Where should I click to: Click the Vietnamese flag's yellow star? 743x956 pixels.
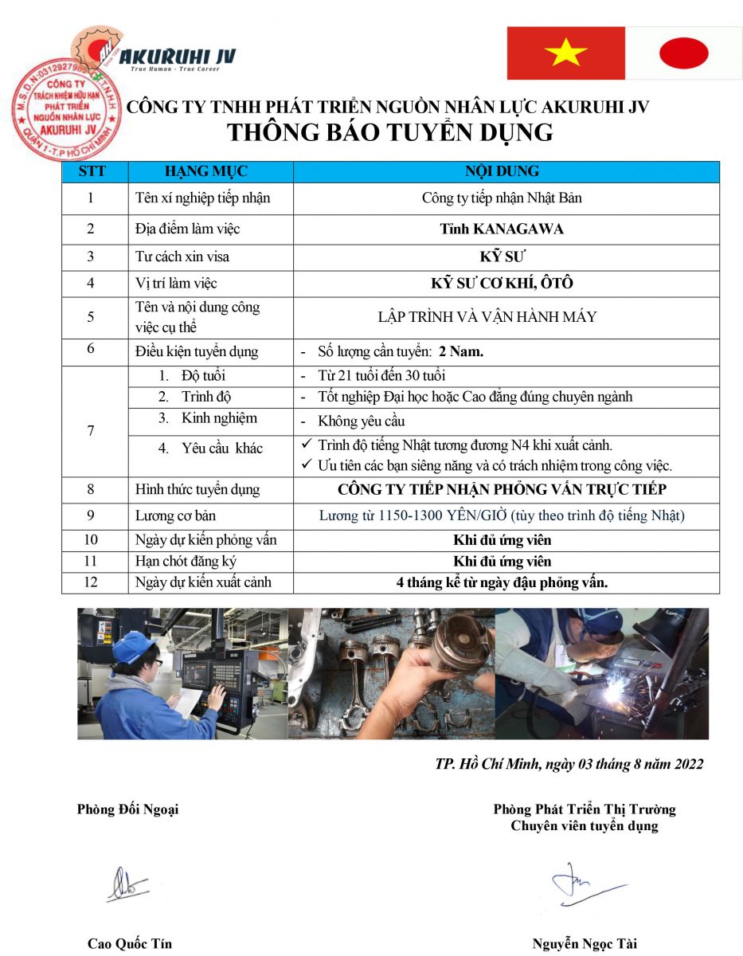click(566, 53)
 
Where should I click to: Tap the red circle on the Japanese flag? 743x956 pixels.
click(683, 53)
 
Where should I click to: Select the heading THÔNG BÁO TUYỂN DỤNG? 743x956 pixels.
click(390, 132)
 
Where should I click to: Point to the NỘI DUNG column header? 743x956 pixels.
click(502, 171)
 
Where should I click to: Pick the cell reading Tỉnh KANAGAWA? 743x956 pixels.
click(502, 229)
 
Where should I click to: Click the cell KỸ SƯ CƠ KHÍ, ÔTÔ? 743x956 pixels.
click(502, 283)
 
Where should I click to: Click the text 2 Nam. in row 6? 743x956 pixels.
click(467, 351)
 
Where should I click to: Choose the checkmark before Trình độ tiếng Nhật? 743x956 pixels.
click(306, 445)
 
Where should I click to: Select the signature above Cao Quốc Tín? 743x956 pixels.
click(127, 884)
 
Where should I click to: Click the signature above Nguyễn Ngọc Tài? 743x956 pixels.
click(585, 884)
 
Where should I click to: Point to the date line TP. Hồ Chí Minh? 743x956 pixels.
click(569, 764)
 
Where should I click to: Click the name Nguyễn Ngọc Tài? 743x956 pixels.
click(585, 944)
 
